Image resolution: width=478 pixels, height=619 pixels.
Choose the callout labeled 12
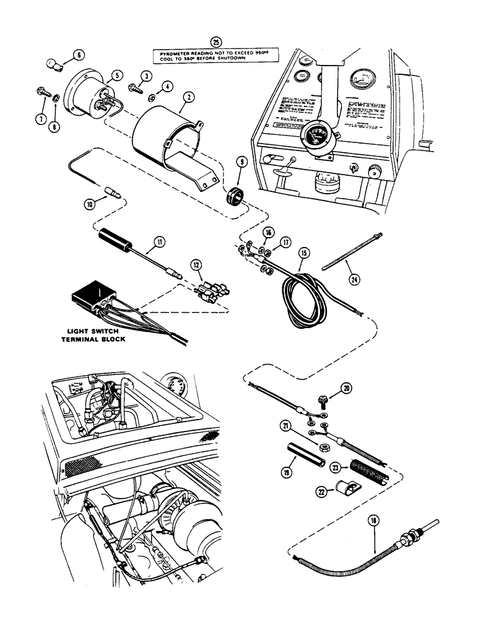[196, 266]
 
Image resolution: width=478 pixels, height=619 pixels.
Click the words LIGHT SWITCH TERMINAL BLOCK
[97, 335]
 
